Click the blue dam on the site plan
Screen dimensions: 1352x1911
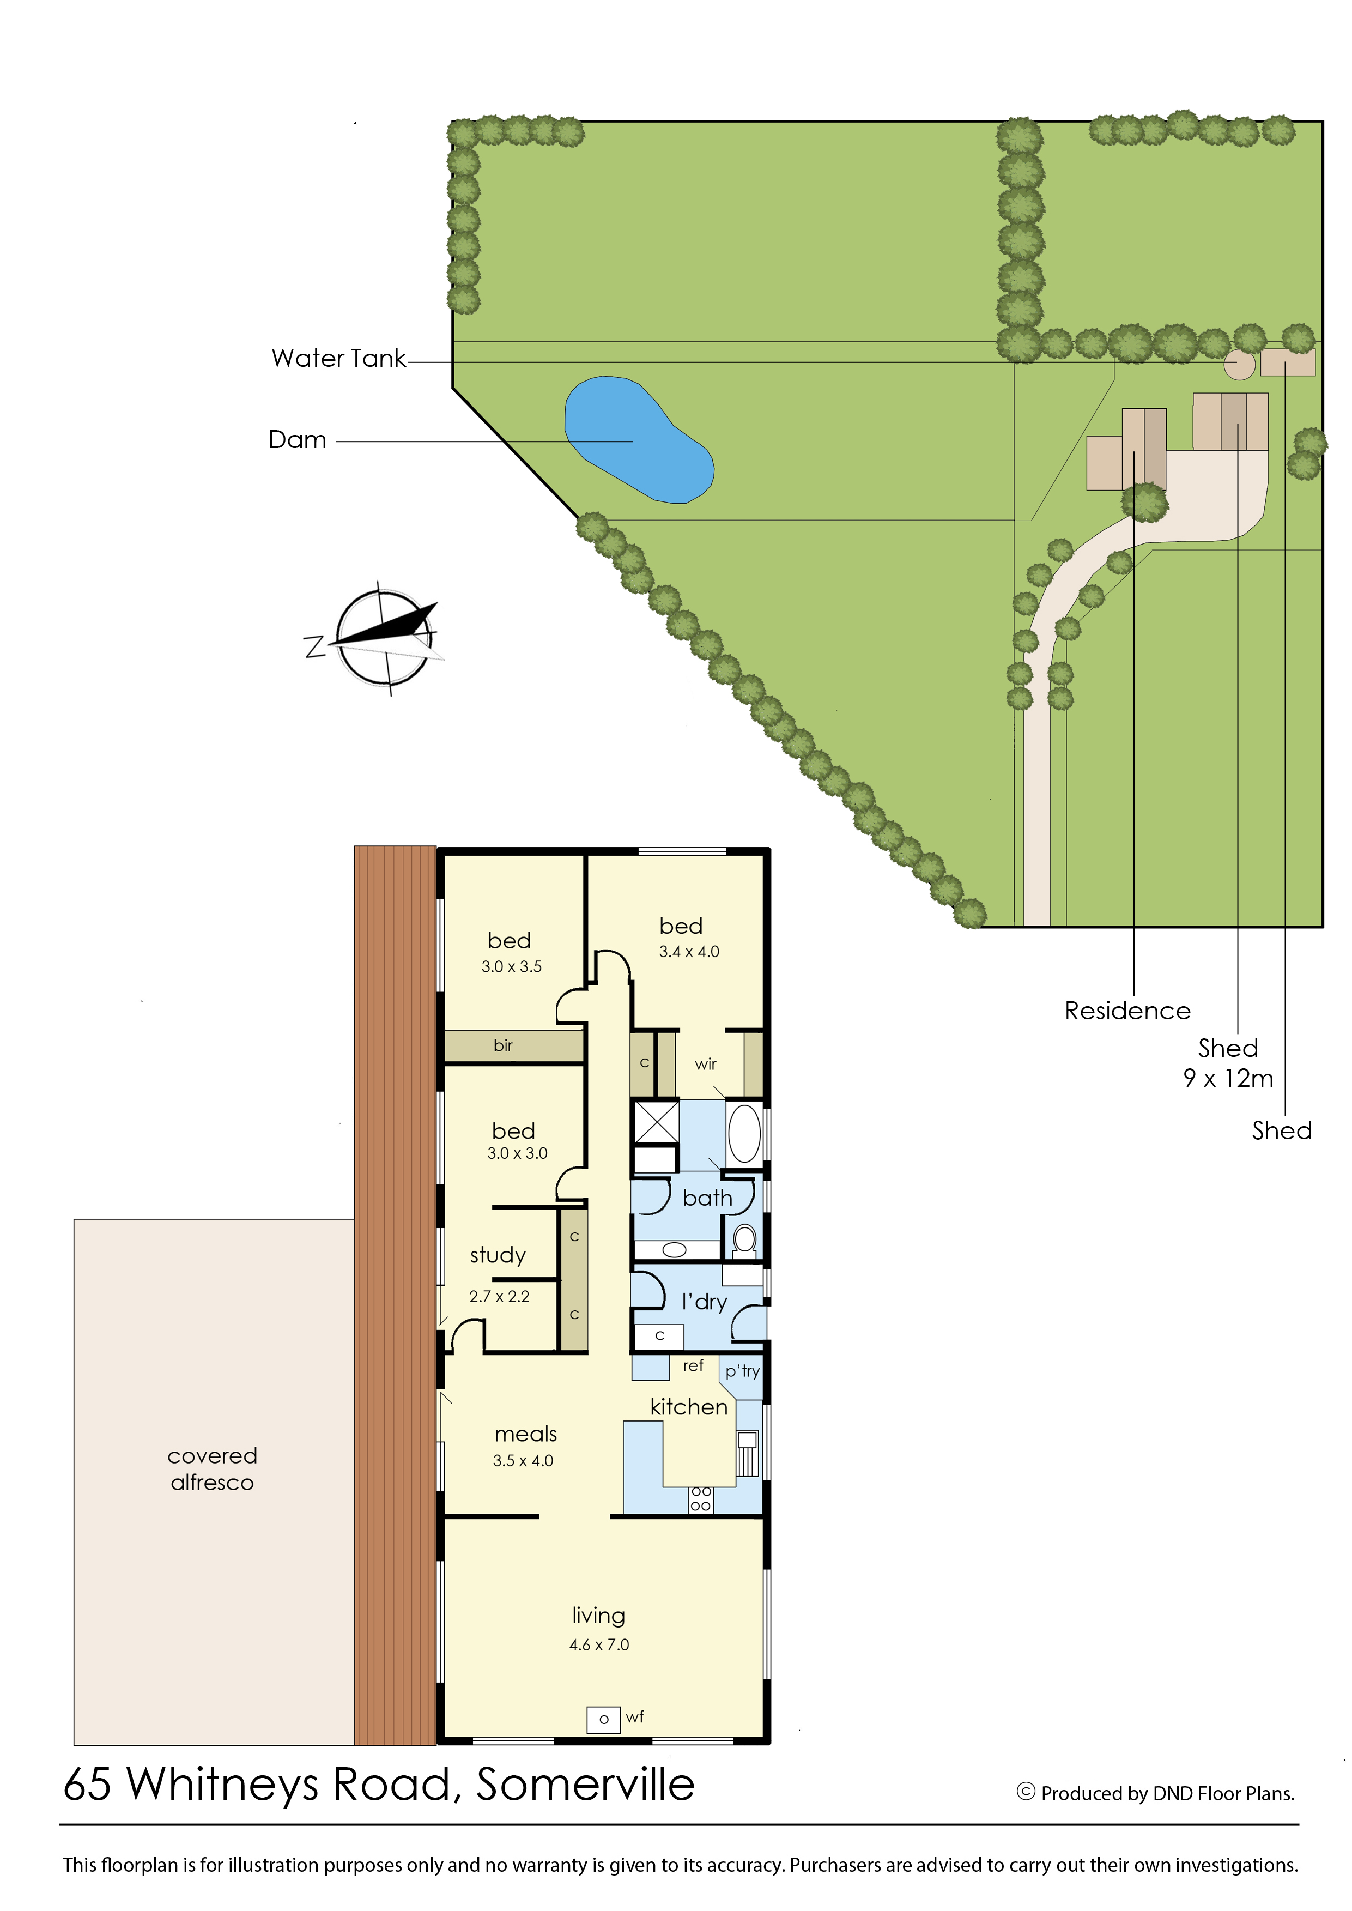(x=639, y=440)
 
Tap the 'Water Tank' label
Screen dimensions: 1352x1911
(x=339, y=358)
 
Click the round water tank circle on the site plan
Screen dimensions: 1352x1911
(x=1239, y=364)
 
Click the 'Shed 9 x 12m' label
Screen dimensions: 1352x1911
(x=1228, y=1062)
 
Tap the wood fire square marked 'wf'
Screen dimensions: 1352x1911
(x=604, y=1719)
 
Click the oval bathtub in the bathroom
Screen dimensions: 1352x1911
(x=744, y=1133)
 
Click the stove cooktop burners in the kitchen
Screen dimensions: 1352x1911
(x=701, y=1499)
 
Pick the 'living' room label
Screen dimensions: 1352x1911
(x=598, y=1616)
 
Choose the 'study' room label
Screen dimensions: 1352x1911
(x=498, y=1255)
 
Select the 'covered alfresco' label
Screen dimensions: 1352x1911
(x=213, y=1469)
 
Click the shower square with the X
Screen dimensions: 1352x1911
(x=657, y=1122)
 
